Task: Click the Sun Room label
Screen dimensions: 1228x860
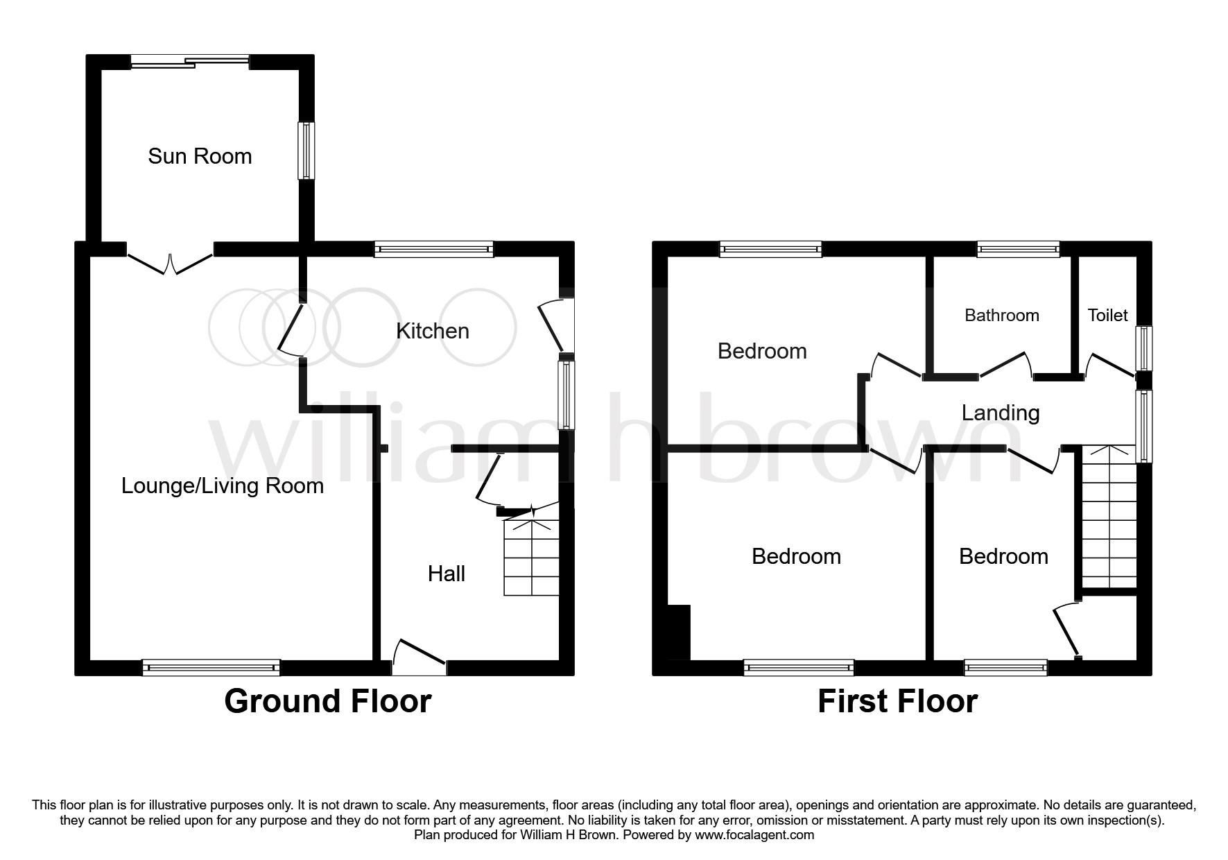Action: coord(200,156)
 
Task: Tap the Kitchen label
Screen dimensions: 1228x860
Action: coord(433,331)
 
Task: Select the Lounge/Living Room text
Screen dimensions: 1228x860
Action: coord(223,485)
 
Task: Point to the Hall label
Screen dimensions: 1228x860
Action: coord(447,574)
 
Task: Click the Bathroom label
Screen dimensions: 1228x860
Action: coord(1002,316)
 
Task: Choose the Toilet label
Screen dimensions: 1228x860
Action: coord(1108,316)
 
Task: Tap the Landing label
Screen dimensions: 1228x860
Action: coord(1001,413)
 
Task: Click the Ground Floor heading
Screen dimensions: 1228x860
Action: coord(328,701)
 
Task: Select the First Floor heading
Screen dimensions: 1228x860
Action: coord(898,701)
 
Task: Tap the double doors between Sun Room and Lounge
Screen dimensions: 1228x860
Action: coord(170,262)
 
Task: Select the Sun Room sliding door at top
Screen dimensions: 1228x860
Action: coord(190,62)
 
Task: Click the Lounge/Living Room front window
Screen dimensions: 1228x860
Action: coord(211,668)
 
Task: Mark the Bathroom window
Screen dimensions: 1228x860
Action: coord(1019,249)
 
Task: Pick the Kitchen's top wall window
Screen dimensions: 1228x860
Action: coord(434,249)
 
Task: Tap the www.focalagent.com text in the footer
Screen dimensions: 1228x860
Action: coord(754,835)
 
